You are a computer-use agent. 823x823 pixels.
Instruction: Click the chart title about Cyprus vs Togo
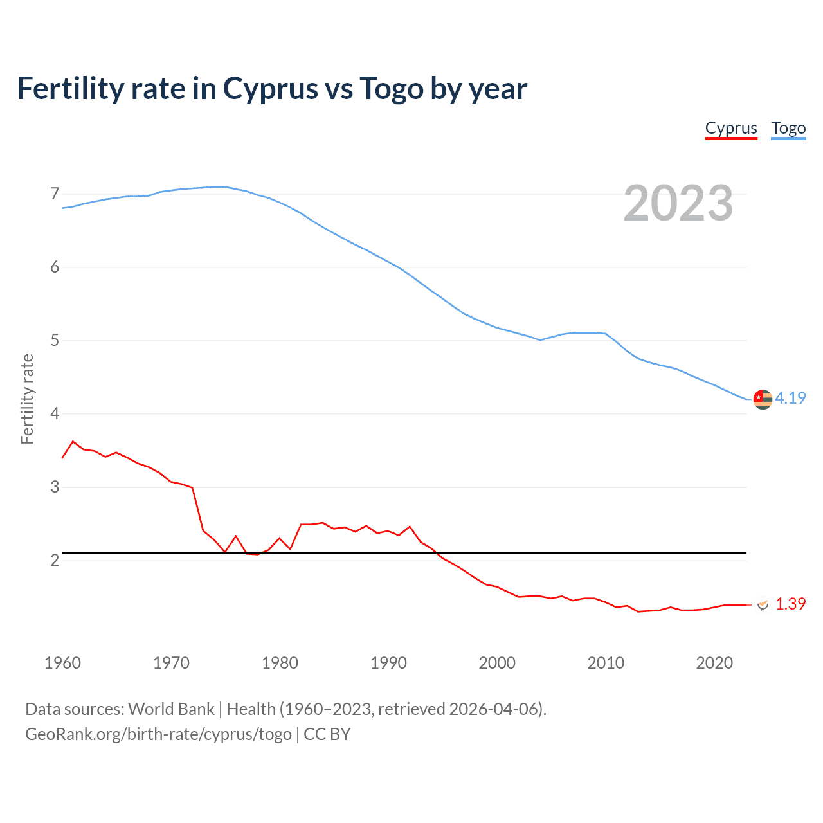pos(272,89)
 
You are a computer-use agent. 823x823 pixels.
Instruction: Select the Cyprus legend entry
pos(731,128)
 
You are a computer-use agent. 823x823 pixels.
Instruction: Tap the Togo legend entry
pos(788,128)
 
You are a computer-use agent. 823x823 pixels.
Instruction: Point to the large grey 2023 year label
pos(678,203)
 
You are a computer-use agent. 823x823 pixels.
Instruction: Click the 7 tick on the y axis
pos(55,194)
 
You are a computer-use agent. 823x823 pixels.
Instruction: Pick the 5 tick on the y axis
pos(55,340)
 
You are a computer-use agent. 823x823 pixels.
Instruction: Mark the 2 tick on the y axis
pos(55,560)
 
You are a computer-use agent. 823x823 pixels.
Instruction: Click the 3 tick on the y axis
pos(55,487)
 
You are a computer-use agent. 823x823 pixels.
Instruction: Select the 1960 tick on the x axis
pos(62,663)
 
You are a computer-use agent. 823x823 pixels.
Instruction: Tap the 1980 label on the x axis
pos(280,663)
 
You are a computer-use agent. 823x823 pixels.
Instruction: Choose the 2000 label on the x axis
pos(497,663)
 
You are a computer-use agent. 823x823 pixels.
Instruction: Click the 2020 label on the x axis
pos(714,663)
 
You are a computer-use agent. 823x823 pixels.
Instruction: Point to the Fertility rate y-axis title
pos(27,399)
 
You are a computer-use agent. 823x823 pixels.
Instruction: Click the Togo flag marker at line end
pos(763,399)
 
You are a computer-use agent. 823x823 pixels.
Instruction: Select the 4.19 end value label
pos(790,398)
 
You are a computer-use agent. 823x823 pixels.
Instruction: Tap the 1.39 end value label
pos(790,604)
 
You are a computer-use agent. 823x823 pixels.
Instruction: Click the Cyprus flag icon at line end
pos(763,604)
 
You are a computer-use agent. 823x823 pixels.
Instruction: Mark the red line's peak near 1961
pos(73,441)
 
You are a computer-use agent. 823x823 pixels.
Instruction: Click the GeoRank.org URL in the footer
pos(158,734)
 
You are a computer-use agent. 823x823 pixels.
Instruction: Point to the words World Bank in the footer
pos(171,709)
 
